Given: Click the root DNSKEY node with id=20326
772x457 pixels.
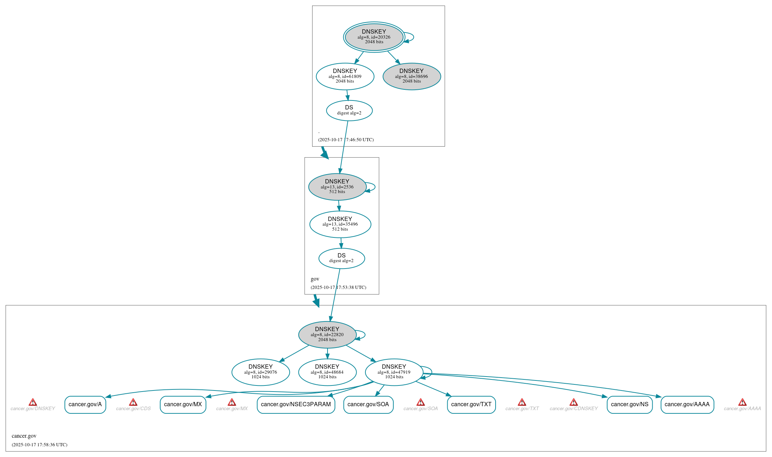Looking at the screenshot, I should pyautogui.click(x=374, y=37).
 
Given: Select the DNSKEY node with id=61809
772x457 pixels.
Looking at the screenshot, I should pyautogui.click(x=345, y=76).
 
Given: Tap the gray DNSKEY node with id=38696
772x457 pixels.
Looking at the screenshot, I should pyautogui.click(x=412, y=76).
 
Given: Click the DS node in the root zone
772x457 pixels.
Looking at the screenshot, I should pyautogui.click(x=349, y=110).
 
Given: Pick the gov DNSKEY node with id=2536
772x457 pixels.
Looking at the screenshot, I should pyautogui.click(x=337, y=187).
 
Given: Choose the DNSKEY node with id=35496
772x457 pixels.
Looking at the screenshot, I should pyautogui.click(x=340, y=224).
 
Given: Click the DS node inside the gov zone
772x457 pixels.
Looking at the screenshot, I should pyautogui.click(x=341, y=258).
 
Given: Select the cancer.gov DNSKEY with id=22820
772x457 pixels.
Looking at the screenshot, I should pyautogui.click(x=327, y=335).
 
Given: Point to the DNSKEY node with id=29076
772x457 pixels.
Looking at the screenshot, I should pyautogui.click(x=261, y=372).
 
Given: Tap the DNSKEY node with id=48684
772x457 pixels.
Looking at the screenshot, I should pyautogui.click(x=327, y=372).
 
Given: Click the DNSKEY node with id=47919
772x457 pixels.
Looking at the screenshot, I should pyautogui.click(x=394, y=372).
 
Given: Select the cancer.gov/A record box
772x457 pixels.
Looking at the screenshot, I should pyautogui.click(x=85, y=404).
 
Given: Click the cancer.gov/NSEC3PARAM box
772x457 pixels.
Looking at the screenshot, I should pyautogui.click(x=296, y=404).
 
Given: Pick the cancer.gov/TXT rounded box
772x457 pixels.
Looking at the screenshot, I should pyautogui.click(x=471, y=404).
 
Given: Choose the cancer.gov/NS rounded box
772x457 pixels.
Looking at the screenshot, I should pyautogui.click(x=629, y=404).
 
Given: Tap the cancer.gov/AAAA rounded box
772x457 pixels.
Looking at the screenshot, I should pyautogui.click(x=687, y=404).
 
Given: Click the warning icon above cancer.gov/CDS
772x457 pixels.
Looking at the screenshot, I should pyautogui.click(x=133, y=402).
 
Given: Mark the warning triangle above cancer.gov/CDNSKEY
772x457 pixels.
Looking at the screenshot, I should pyautogui.click(x=574, y=402).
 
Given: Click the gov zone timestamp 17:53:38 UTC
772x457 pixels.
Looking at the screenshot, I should pyautogui.click(x=338, y=288).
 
